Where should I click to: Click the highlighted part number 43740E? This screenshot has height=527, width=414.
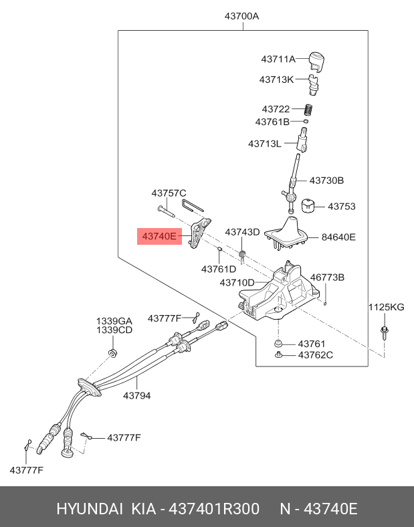coord(159,235)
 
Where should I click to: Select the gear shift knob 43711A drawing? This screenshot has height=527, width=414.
coord(316,60)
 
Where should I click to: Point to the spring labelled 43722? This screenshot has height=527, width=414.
coord(309,110)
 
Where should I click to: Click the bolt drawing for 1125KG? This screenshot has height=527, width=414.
coord(385,332)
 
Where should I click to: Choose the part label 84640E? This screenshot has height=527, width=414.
coord(338,237)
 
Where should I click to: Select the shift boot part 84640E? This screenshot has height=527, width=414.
coord(288,233)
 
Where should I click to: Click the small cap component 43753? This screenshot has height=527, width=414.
coord(308,206)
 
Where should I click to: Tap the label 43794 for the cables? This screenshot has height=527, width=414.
coord(136,395)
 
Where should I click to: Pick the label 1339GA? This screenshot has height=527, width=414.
coord(114,321)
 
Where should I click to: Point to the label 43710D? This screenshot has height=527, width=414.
coord(237,283)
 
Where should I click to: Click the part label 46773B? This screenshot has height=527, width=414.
coord(327,277)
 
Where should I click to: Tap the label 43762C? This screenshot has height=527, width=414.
coord(315,355)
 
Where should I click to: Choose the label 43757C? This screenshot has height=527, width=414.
coord(169,193)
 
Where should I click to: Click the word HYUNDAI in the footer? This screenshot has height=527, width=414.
coord(89,509)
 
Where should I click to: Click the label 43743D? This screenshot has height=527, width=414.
coord(241,232)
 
